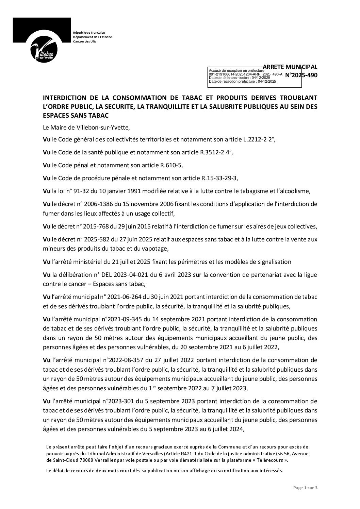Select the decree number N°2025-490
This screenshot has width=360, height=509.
click(301, 75)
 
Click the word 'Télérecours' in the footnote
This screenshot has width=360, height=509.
click(264, 460)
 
